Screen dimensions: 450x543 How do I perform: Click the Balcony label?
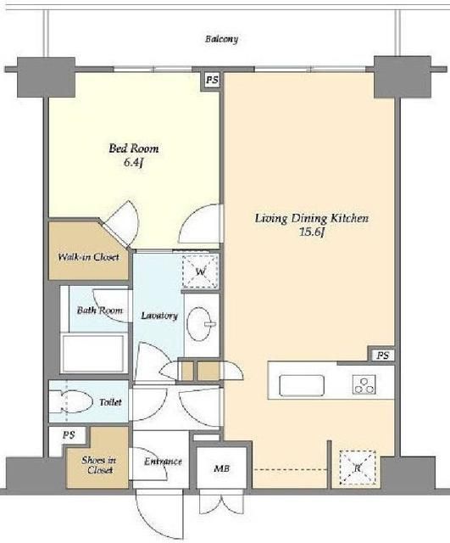221,39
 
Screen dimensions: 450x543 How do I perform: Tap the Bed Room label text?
134,148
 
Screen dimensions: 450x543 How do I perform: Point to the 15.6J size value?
312,232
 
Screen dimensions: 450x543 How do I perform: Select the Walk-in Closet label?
88,257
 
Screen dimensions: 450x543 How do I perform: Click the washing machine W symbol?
201,271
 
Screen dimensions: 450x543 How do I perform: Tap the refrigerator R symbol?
358,467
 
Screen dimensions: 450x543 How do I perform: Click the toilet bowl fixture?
71,402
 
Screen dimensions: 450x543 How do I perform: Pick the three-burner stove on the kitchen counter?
364,385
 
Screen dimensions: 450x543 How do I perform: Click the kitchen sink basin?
302,385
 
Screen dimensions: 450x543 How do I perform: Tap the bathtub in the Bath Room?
92,352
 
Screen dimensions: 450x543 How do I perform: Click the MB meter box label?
221,468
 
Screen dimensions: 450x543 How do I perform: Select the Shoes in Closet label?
99,465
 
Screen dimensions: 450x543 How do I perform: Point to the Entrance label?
163,462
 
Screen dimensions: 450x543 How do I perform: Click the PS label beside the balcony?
212,81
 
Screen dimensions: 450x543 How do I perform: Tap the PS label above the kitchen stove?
382,355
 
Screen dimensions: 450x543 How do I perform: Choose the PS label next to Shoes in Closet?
69,435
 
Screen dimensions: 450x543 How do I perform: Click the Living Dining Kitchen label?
312,219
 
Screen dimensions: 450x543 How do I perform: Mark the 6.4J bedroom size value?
134,162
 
